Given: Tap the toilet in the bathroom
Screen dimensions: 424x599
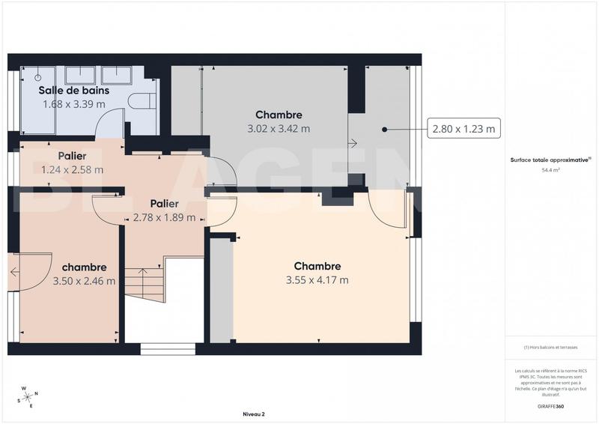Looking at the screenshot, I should (x=139, y=101).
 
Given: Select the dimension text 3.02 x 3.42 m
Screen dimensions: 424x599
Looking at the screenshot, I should (x=279, y=128).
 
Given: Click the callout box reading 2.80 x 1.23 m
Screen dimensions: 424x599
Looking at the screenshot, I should (x=463, y=130).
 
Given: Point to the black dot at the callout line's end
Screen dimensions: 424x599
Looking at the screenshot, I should (x=384, y=130).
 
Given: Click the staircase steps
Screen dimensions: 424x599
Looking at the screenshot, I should (x=144, y=284).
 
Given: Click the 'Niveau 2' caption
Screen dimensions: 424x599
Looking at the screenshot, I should (x=254, y=414).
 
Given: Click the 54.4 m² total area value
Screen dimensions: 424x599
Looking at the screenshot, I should (x=551, y=170).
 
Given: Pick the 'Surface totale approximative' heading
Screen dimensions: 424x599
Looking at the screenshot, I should (x=550, y=160).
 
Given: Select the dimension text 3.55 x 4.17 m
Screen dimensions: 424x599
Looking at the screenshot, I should (x=317, y=280).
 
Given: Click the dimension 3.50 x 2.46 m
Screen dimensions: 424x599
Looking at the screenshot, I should (x=84, y=282).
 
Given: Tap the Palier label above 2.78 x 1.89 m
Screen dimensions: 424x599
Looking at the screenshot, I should (x=164, y=204).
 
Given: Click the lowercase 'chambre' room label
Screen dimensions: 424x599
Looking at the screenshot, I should (x=84, y=267).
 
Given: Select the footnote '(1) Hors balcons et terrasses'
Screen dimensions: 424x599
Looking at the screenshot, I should (x=551, y=347).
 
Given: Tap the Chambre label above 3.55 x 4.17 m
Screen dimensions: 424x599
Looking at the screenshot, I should (x=317, y=266).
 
